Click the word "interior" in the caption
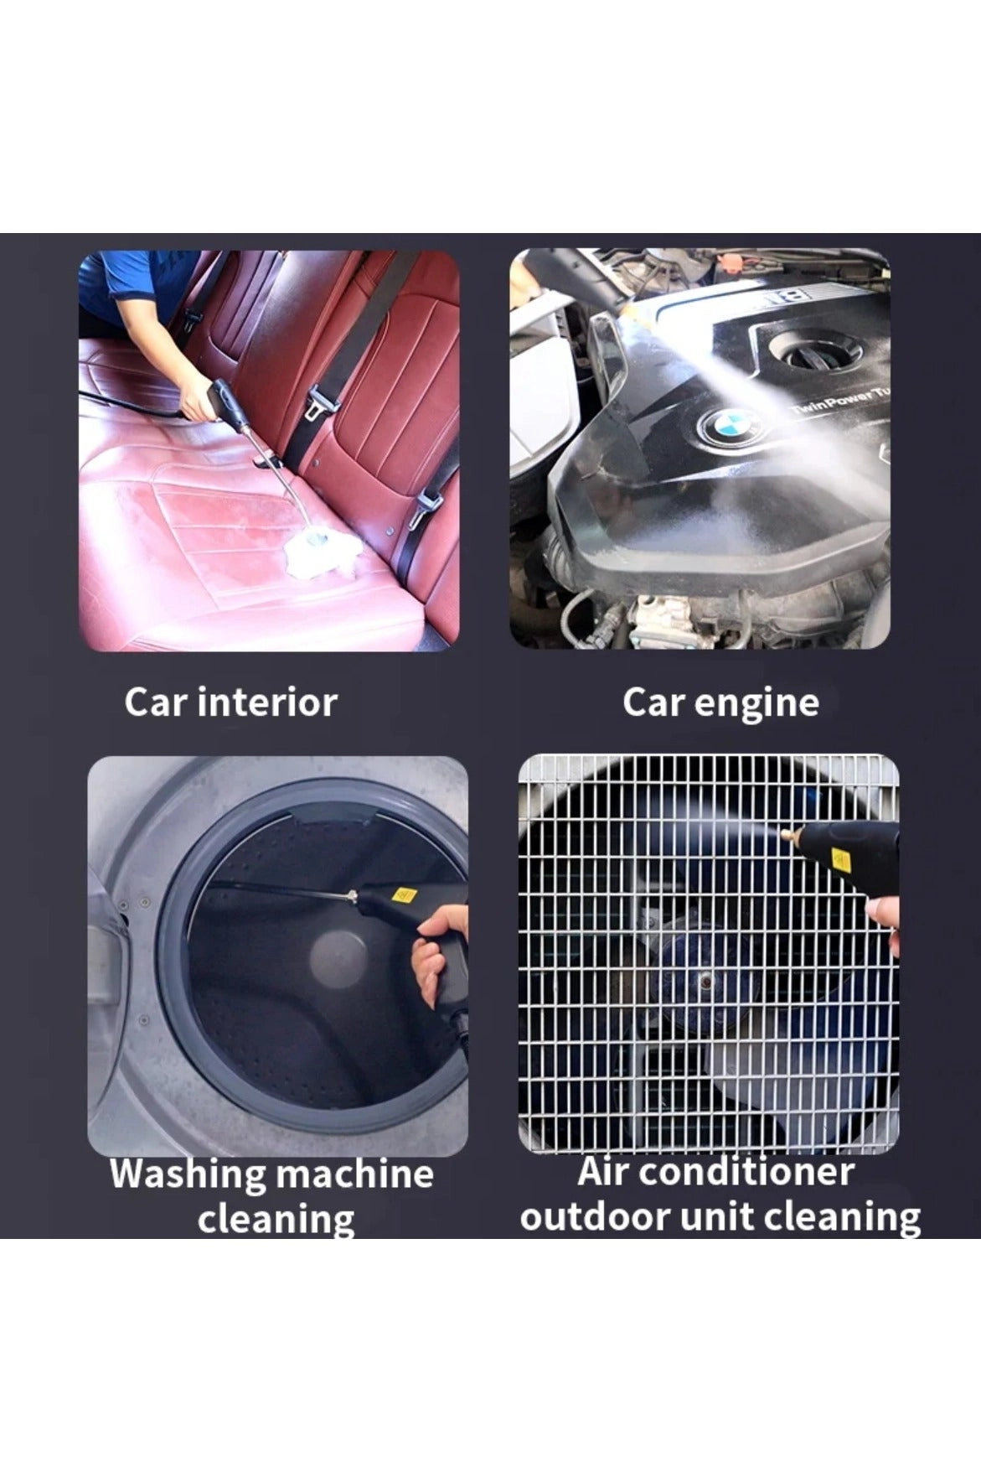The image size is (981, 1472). point(268,702)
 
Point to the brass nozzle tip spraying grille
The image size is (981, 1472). point(790,836)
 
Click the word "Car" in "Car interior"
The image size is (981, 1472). point(156,702)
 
